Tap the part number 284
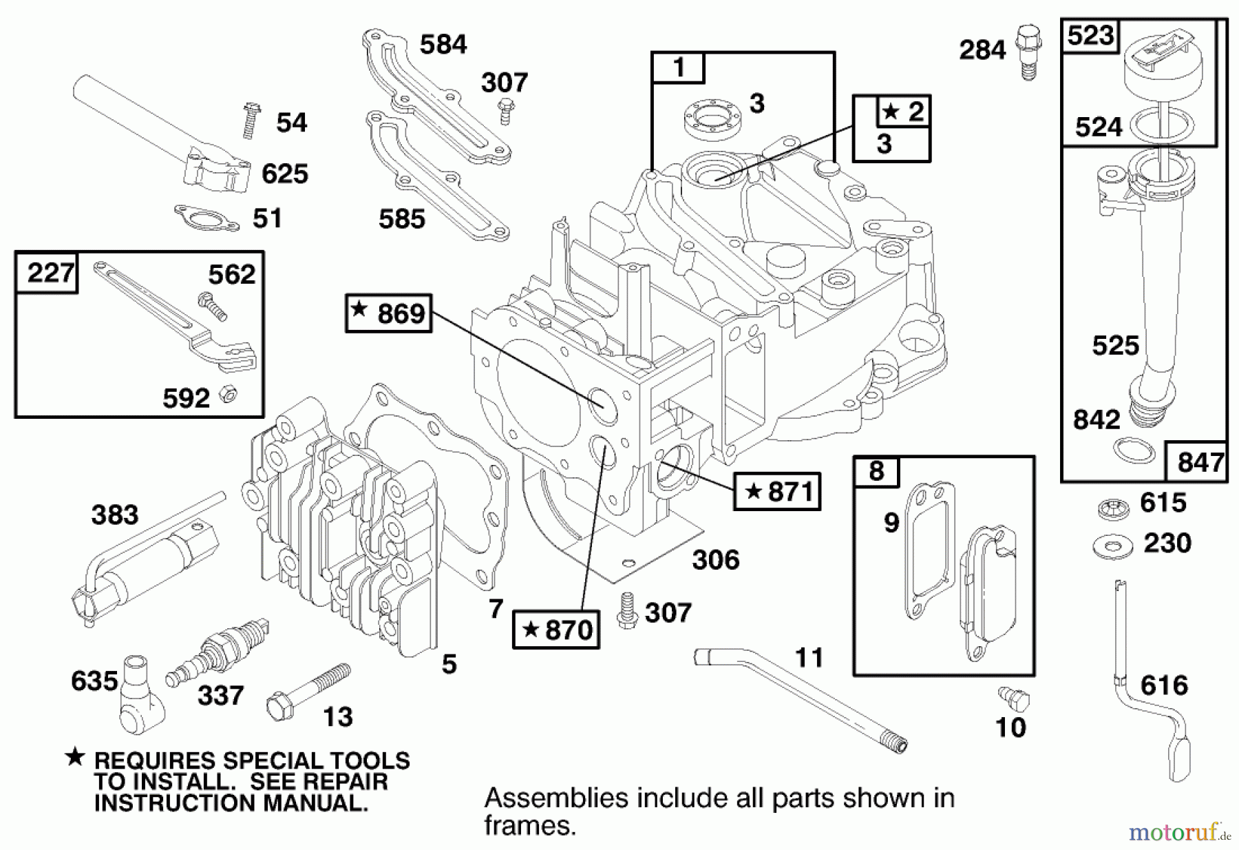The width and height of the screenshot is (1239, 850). pyautogui.click(x=982, y=50)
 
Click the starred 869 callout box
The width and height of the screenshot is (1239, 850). pyautogui.click(x=389, y=313)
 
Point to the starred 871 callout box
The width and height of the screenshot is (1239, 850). pyautogui.click(x=777, y=491)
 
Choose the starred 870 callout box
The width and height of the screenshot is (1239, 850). pyautogui.click(x=556, y=630)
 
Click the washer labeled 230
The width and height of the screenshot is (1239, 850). pyautogui.click(x=1112, y=547)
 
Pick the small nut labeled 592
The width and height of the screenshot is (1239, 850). pyautogui.click(x=227, y=394)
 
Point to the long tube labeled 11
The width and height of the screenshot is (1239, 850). pyautogui.click(x=798, y=696)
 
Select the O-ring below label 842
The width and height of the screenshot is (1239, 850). pyautogui.click(x=1133, y=450)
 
